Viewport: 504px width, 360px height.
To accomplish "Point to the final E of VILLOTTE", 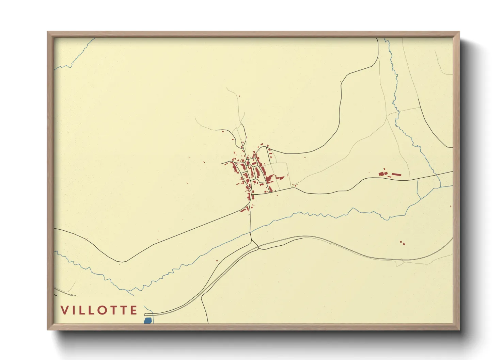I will pos(133,310).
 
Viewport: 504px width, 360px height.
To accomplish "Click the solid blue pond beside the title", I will pos(147,321).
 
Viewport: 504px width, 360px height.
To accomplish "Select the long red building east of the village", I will pos(396,175).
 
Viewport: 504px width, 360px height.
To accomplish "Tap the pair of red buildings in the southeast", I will pos(403,243).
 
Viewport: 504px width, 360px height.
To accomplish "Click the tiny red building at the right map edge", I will pos(451,206).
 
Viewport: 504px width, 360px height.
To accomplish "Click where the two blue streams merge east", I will pos(440,187).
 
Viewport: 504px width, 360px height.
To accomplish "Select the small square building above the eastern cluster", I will pos(384,169).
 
